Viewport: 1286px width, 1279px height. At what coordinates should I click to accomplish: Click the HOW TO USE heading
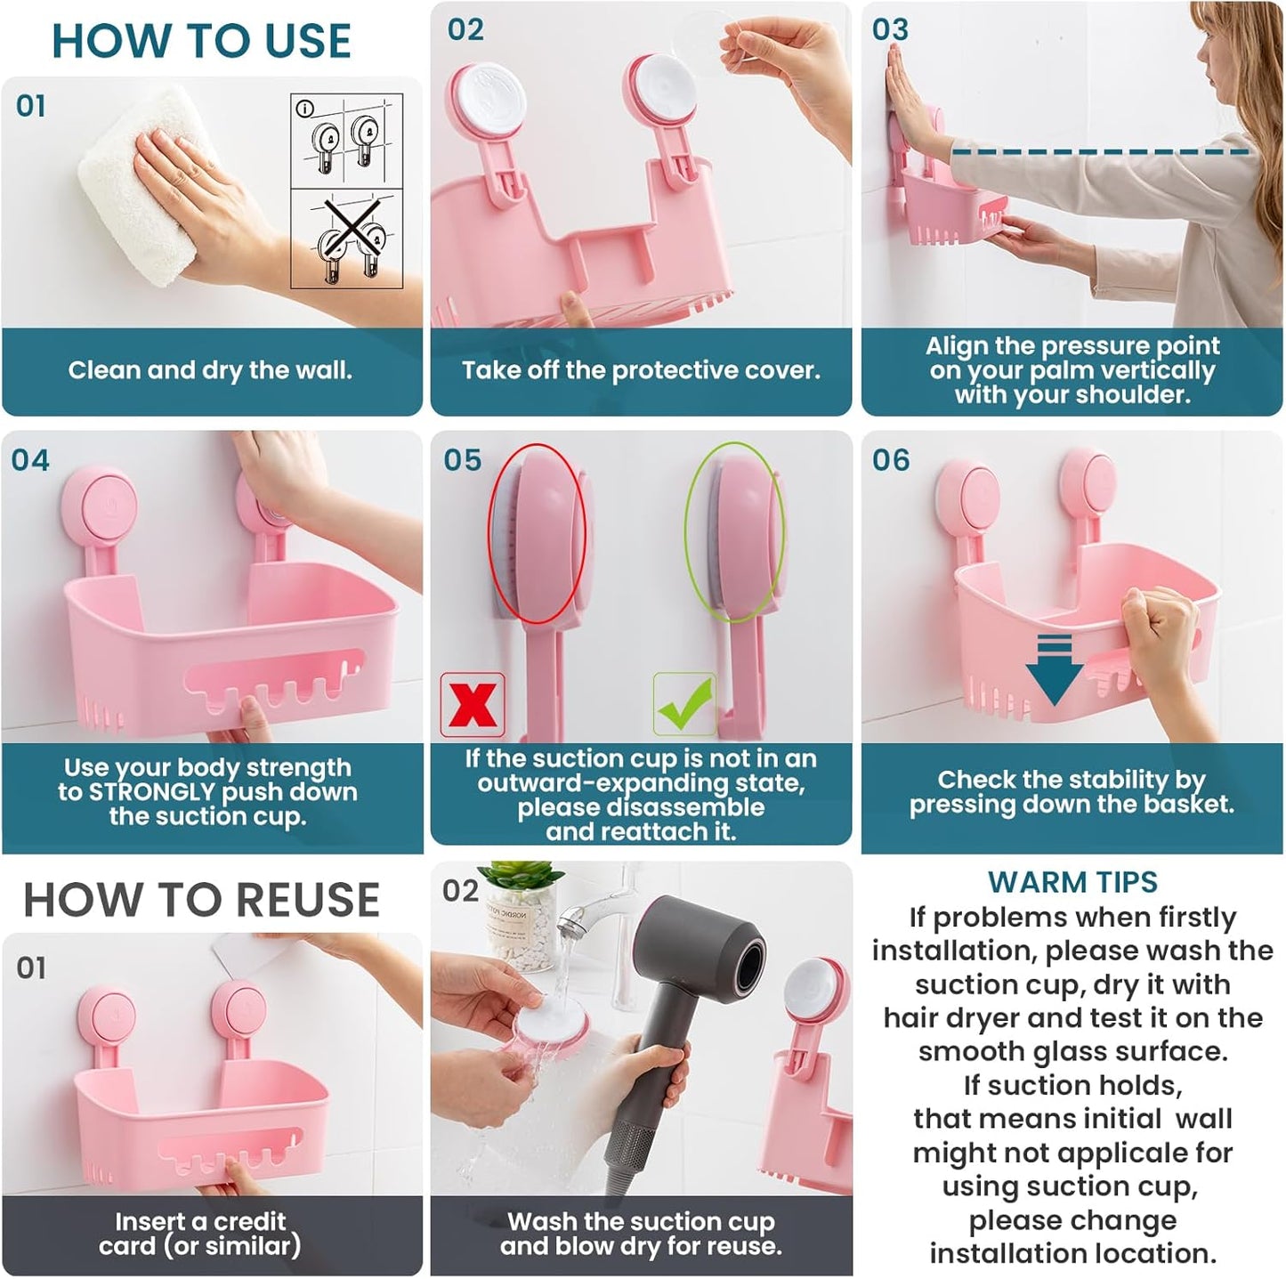pyautogui.click(x=201, y=41)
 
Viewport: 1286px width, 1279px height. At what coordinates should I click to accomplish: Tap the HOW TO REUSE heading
pyautogui.click(x=201, y=899)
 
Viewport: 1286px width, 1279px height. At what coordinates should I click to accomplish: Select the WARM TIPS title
pyautogui.click(x=1072, y=882)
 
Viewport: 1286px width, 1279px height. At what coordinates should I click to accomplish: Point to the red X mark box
pyautogui.click(x=473, y=705)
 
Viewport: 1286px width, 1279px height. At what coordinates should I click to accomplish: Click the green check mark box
pyautogui.click(x=684, y=704)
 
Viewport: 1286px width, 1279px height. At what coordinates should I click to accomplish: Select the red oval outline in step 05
pyautogui.click(x=538, y=534)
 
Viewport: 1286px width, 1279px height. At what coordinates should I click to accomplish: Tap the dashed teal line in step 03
pyautogui.click(x=1099, y=153)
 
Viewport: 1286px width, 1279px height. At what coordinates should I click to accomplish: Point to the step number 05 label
pyautogui.click(x=462, y=460)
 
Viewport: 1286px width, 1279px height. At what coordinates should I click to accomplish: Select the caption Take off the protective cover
pyautogui.click(x=641, y=370)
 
